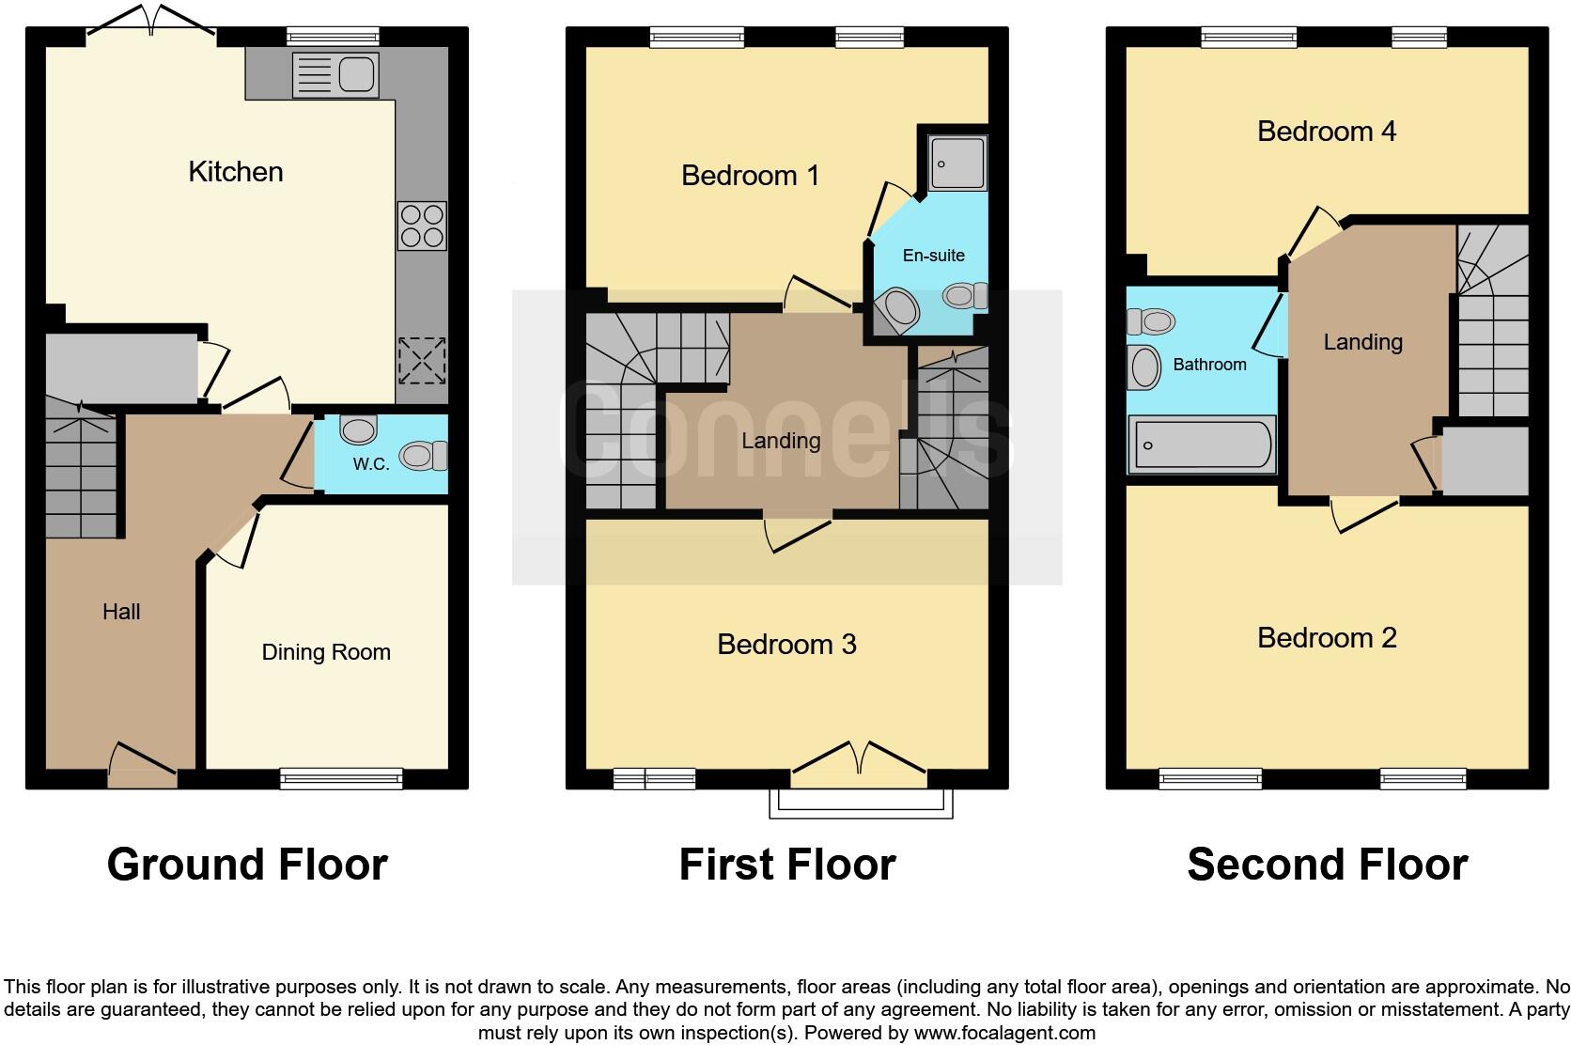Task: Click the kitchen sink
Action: tap(335, 75)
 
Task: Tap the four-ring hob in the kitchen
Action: tap(422, 226)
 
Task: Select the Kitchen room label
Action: tap(235, 172)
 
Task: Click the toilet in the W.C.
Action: tap(422, 457)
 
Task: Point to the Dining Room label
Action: tap(325, 652)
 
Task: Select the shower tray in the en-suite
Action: tap(957, 163)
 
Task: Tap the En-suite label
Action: tap(933, 256)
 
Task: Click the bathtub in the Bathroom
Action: tap(1202, 445)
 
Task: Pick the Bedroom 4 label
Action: tap(1326, 132)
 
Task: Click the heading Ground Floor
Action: tap(247, 865)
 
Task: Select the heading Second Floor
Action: tap(1327, 865)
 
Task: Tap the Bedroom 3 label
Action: tap(786, 645)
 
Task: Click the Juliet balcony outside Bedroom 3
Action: tap(860, 803)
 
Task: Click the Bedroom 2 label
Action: tap(1326, 638)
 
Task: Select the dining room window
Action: tap(341, 778)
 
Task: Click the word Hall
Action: tap(121, 612)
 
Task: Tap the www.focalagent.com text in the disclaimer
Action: tap(1004, 1033)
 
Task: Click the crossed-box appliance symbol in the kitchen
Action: tap(422, 361)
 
